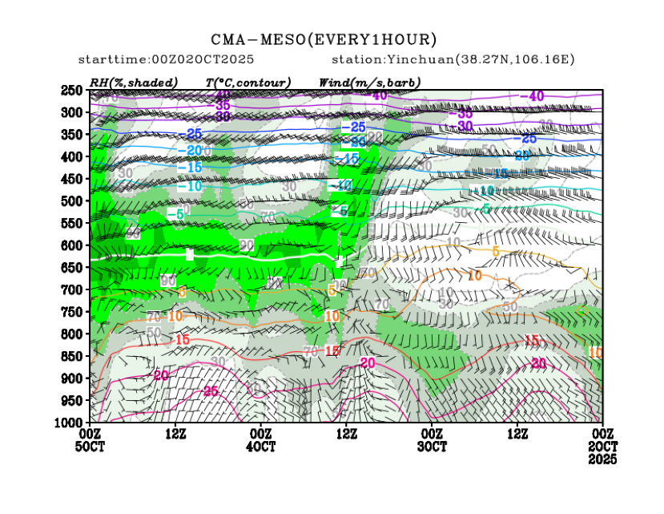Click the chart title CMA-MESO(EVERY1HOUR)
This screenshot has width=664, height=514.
tap(324, 39)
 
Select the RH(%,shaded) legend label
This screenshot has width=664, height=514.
tap(134, 83)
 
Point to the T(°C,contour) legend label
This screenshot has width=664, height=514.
tap(247, 83)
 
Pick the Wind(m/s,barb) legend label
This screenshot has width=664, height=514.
tap(369, 83)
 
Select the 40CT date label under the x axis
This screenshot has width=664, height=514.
tap(261, 446)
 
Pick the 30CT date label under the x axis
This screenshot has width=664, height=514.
tap(432, 446)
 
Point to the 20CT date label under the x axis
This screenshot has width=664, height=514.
tap(602, 446)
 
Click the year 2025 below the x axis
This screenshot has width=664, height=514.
tap(602, 459)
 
